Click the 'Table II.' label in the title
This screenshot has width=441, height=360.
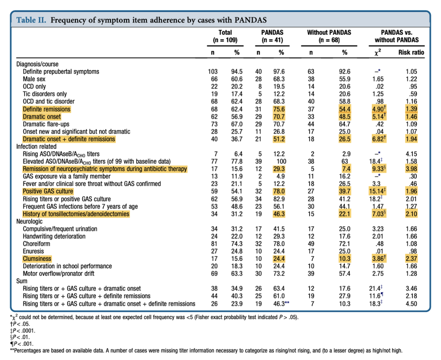(x=31, y=20)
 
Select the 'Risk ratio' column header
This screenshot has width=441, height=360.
(x=411, y=52)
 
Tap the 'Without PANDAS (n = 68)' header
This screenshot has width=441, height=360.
(x=329, y=36)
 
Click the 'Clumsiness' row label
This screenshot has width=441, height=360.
(x=37, y=259)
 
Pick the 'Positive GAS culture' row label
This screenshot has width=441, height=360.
(x=48, y=191)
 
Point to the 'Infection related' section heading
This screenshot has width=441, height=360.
(x=36, y=146)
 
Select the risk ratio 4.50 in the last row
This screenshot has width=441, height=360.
(x=414, y=304)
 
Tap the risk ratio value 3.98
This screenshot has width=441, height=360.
(x=414, y=169)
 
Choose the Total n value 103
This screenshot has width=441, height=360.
(x=213, y=71)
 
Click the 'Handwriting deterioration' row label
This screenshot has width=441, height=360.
(x=54, y=236)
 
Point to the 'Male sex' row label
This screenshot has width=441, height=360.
(x=34, y=79)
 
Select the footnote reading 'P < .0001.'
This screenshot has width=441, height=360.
(x=24, y=330)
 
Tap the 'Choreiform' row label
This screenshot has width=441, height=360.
(x=37, y=244)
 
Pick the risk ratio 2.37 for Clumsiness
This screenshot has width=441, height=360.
(x=414, y=259)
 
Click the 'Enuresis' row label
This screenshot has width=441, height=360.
(x=34, y=251)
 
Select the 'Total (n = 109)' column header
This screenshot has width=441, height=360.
(x=225, y=36)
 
